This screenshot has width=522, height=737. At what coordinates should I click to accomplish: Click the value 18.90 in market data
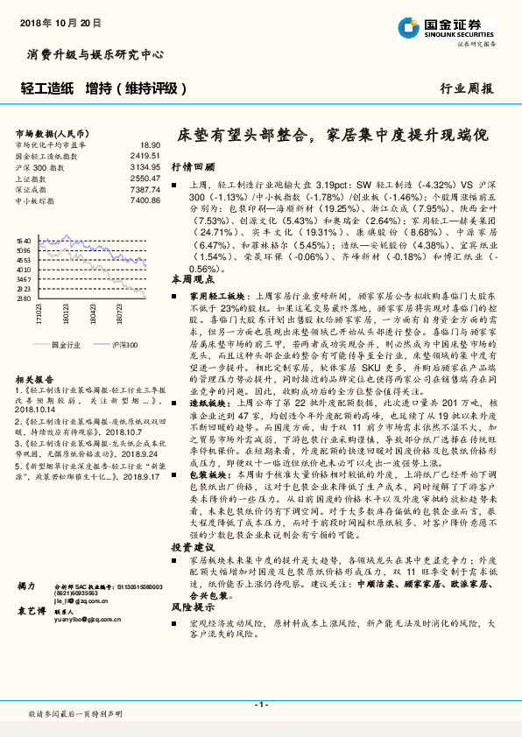[150, 144]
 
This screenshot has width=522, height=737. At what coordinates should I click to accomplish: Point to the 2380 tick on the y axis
[24, 298]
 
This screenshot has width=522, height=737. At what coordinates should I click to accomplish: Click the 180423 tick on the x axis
[94, 312]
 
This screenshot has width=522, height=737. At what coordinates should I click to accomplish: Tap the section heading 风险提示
[192, 606]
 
